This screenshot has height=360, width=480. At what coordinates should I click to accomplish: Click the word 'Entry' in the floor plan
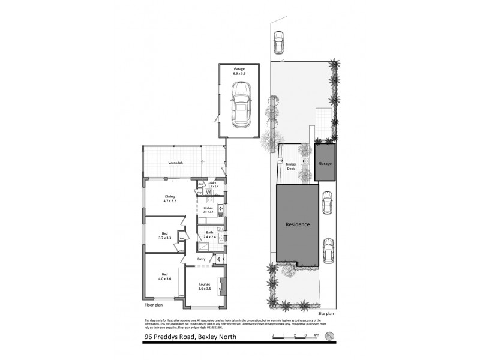tap(201, 259)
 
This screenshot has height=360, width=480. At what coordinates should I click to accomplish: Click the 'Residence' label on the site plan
tap(298, 224)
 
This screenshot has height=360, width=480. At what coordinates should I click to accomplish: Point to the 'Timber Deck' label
tap(290, 166)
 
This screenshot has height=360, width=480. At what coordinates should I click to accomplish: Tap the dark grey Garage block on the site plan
tap(325, 163)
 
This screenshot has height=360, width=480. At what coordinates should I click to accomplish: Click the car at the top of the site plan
tap(278, 41)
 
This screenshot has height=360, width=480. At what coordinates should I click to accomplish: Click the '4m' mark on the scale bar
tap(316, 335)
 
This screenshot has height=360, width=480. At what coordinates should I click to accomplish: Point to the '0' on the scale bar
tap(272, 335)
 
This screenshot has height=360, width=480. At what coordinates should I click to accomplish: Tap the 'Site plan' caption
tap(326, 314)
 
